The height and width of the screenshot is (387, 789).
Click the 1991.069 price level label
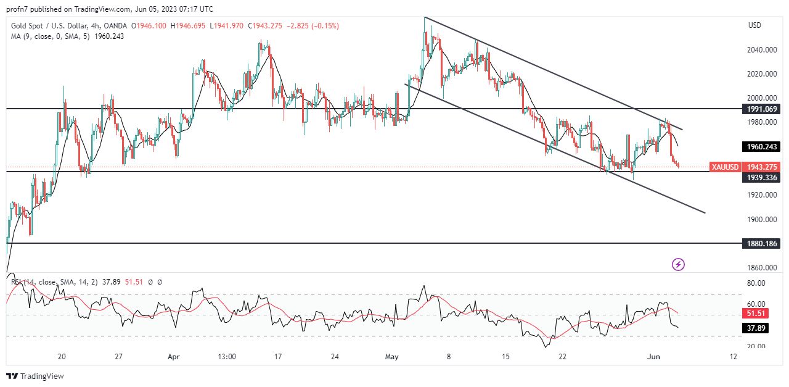point(762,109)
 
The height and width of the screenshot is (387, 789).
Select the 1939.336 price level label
point(762,178)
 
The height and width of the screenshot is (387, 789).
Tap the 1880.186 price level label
point(762,244)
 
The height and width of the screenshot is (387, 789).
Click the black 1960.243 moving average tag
point(762,147)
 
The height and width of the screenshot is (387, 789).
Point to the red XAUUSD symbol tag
point(725,167)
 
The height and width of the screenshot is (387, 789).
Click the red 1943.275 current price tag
point(762,167)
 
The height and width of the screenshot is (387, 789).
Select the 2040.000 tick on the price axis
point(762,50)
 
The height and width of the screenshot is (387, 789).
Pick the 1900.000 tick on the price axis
point(762,220)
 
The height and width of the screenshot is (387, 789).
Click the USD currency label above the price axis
point(754,25)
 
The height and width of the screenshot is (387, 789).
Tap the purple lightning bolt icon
point(678,265)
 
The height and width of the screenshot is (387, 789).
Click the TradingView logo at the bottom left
point(35,376)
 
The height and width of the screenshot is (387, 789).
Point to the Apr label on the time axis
point(174,357)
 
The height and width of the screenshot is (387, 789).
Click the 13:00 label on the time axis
point(227,357)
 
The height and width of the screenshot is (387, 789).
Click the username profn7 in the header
point(19,9)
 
